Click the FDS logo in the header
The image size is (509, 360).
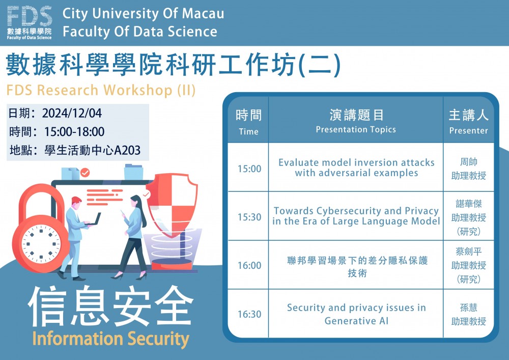click(29, 22)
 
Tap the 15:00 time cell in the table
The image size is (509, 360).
click(249, 169)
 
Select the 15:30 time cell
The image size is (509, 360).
click(249, 217)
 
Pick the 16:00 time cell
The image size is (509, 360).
click(249, 265)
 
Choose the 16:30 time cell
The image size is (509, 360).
click(249, 314)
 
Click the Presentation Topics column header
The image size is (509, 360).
click(356, 120)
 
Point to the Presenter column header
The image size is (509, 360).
click(468, 121)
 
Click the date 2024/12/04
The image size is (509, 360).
click(72, 113)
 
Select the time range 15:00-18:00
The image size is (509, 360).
click(74, 131)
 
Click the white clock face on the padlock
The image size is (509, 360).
click(41, 243)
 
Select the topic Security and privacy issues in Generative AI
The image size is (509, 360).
click(356, 314)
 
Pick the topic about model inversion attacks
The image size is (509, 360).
click(356, 168)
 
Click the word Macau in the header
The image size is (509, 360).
click(203, 14)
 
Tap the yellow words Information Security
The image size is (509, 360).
click(110, 339)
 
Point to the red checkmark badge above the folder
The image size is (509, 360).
click(84, 173)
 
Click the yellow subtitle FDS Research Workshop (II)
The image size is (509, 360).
click(101, 90)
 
